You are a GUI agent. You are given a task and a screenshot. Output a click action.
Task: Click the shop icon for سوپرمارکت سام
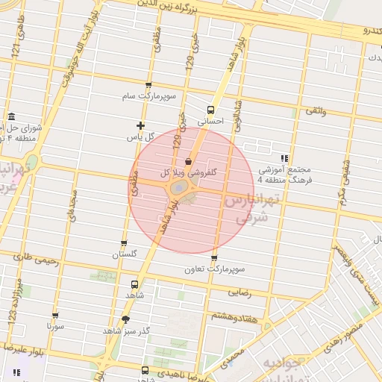point(148,86)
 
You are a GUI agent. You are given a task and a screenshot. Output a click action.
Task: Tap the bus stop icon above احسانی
point(210,109)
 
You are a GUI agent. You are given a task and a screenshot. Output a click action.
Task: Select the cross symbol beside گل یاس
point(140,125)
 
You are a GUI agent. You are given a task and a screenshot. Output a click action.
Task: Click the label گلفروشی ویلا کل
point(190,172)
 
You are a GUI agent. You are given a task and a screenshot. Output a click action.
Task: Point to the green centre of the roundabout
point(179,189)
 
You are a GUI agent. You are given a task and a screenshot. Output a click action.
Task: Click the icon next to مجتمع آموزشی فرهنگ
point(284,158)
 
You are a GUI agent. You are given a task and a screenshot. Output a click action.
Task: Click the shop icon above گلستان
point(124,243)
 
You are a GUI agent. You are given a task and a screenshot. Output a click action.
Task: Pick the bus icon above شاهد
point(135,284)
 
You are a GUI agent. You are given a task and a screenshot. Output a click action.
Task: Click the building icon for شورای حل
point(10,117)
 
